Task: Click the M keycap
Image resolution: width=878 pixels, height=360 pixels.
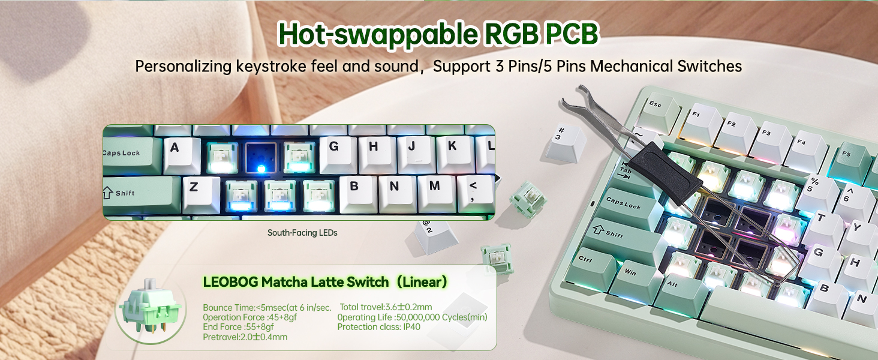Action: click(435, 191)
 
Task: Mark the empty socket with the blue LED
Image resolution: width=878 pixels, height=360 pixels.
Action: click(261, 157)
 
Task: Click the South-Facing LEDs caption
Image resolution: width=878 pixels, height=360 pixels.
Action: click(302, 233)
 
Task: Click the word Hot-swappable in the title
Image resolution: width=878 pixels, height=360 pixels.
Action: click(371, 35)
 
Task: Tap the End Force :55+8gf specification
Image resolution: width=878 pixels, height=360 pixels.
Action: click(238, 327)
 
